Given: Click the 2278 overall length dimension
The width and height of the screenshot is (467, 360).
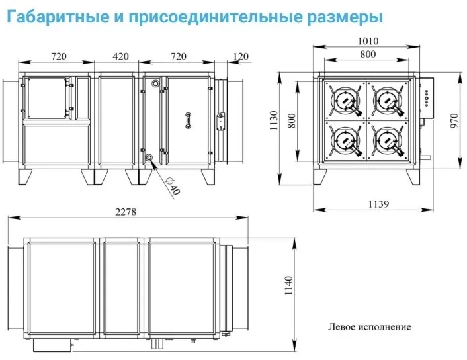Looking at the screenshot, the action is pos(126,212).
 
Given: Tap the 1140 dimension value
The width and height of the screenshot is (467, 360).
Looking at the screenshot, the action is pos(289,285).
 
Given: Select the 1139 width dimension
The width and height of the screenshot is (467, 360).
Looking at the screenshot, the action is pos(378,204).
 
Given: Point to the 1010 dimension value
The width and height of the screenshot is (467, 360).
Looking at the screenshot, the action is pos(368,41).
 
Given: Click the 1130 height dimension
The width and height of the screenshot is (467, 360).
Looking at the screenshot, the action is pos(273,120).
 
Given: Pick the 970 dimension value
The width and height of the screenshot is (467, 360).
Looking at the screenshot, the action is pos(454,120).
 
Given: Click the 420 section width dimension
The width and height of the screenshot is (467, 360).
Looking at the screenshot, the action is pos(120,56).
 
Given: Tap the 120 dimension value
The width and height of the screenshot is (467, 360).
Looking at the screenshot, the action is pos(241,56).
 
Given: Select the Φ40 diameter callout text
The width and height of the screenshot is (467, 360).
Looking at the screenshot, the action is pos(173,186).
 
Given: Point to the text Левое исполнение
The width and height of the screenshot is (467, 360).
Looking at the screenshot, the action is pos(369,327).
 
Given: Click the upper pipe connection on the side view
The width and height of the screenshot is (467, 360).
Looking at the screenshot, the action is pos(155,83).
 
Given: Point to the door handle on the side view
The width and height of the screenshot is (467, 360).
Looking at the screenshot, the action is pos(188,120).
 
